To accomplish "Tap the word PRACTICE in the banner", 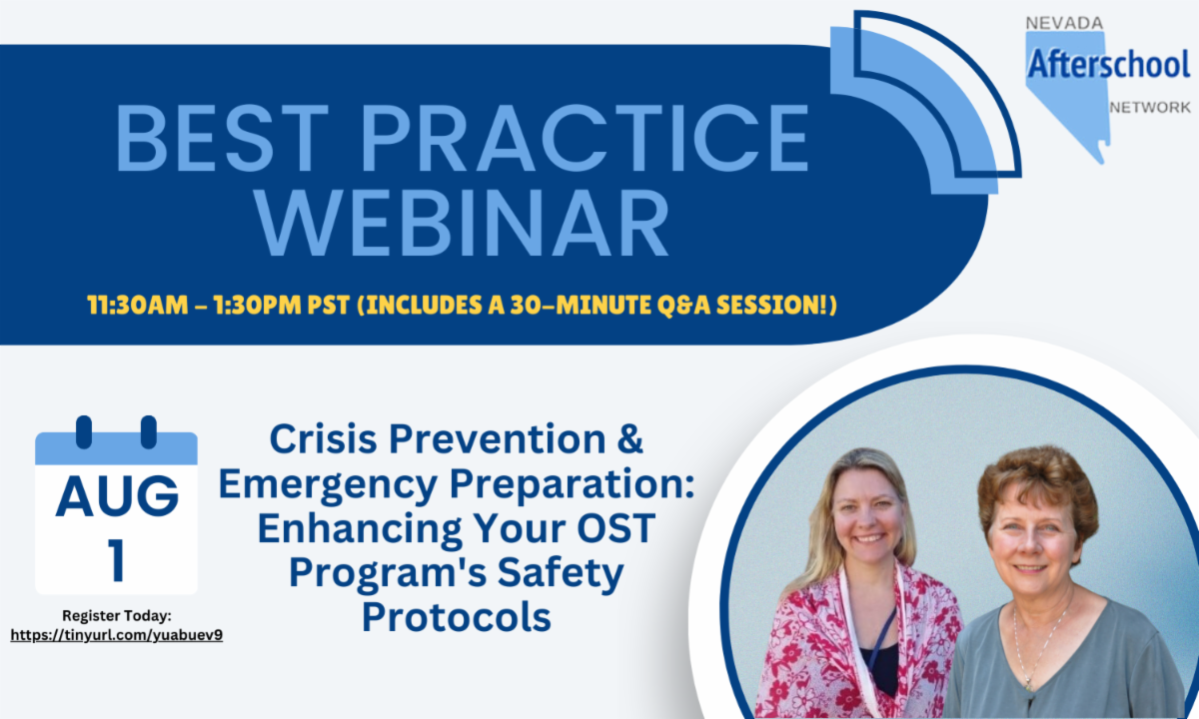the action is click(586, 138).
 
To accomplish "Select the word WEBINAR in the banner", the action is click(463, 224).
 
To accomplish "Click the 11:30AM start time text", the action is click(138, 306).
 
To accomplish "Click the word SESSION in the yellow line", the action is click(770, 306).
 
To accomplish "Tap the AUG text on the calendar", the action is click(117, 496).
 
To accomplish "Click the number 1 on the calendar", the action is click(116, 559).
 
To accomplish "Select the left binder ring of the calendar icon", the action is click(84, 432).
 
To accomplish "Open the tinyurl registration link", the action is click(117, 635).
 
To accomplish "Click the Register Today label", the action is click(117, 616).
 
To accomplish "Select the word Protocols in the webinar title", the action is click(457, 617).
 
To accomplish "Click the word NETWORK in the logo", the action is click(1150, 108).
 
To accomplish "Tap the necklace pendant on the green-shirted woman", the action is click(1027, 684).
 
